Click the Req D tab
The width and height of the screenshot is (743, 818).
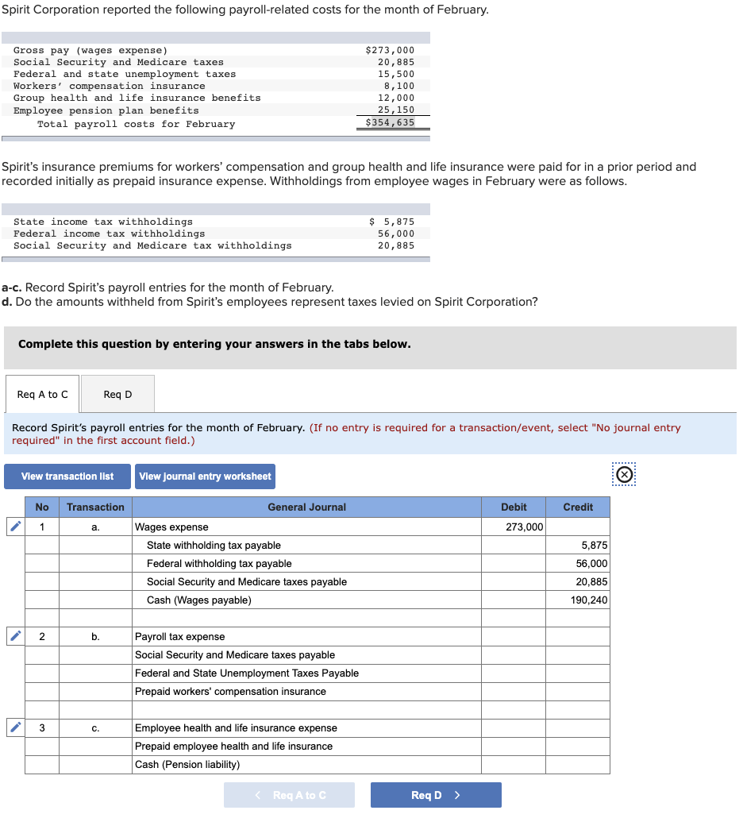click(x=117, y=394)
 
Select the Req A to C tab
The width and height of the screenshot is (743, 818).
click(x=42, y=394)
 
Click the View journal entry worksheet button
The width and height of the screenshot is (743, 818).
click(x=205, y=477)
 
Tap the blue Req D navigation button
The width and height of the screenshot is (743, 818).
click(x=435, y=795)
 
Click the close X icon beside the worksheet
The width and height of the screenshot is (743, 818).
click(x=625, y=475)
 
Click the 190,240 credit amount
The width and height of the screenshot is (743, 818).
click(x=588, y=600)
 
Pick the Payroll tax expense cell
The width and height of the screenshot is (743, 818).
click(x=306, y=637)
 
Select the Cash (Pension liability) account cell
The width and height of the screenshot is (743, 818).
click(x=306, y=765)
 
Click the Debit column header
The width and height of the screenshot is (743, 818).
click(x=514, y=507)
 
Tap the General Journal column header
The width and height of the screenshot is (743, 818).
click(x=306, y=507)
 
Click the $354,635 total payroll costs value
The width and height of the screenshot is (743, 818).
click(x=390, y=122)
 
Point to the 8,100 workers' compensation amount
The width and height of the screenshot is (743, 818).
click(x=398, y=86)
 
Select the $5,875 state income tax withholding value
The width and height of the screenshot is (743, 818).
click(x=392, y=222)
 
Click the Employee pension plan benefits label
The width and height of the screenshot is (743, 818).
click(x=106, y=110)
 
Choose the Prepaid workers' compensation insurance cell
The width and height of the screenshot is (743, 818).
click(x=306, y=692)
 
